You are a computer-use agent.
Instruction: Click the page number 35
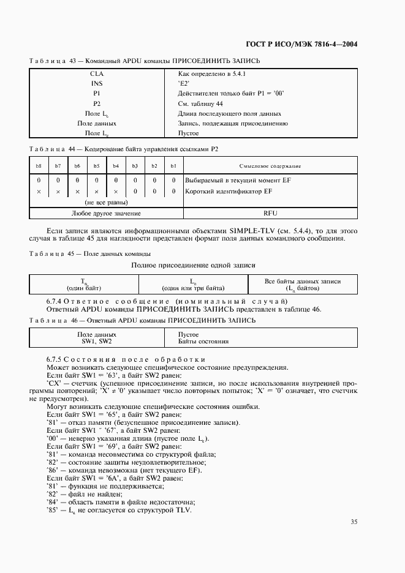pyautogui.click(x=354, y=522)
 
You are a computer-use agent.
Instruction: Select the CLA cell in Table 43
pyautogui.click(x=97, y=73)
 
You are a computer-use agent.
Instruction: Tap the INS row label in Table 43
pyautogui.click(x=97, y=83)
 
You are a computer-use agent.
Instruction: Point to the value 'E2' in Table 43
pyautogui.click(x=184, y=83)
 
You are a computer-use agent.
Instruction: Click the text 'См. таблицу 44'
pyautogui.click(x=200, y=103)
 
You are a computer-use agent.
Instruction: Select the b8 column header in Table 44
pyautogui.click(x=39, y=166)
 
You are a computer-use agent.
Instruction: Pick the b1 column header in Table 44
pyautogui.click(x=173, y=166)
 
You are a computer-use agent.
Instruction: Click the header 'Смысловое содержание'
pyautogui.click(x=270, y=166)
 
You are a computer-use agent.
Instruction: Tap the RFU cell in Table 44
pyautogui.click(x=270, y=213)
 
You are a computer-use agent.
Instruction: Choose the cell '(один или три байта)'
pyautogui.click(x=193, y=288)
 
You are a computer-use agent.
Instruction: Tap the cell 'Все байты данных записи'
pyautogui.click(x=302, y=281)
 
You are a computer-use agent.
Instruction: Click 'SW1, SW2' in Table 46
pyautogui.click(x=97, y=341)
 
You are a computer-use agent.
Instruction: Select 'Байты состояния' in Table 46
pyautogui.click(x=199, y=341)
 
